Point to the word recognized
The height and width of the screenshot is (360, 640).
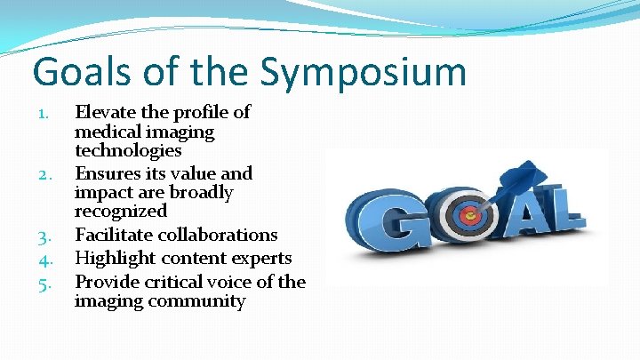coord(121,212)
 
